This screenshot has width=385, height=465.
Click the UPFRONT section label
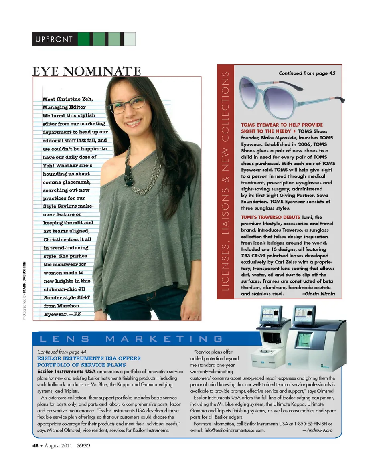pos(54,39)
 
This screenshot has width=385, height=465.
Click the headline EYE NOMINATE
pos(87,71)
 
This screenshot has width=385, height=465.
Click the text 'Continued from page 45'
pos(307,73)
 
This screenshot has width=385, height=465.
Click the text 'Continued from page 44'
pos(61,352)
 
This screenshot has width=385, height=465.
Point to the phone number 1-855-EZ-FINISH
pos(305,424)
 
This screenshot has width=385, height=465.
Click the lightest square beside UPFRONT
pos(130,39)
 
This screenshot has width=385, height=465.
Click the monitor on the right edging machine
pos(304,316)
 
